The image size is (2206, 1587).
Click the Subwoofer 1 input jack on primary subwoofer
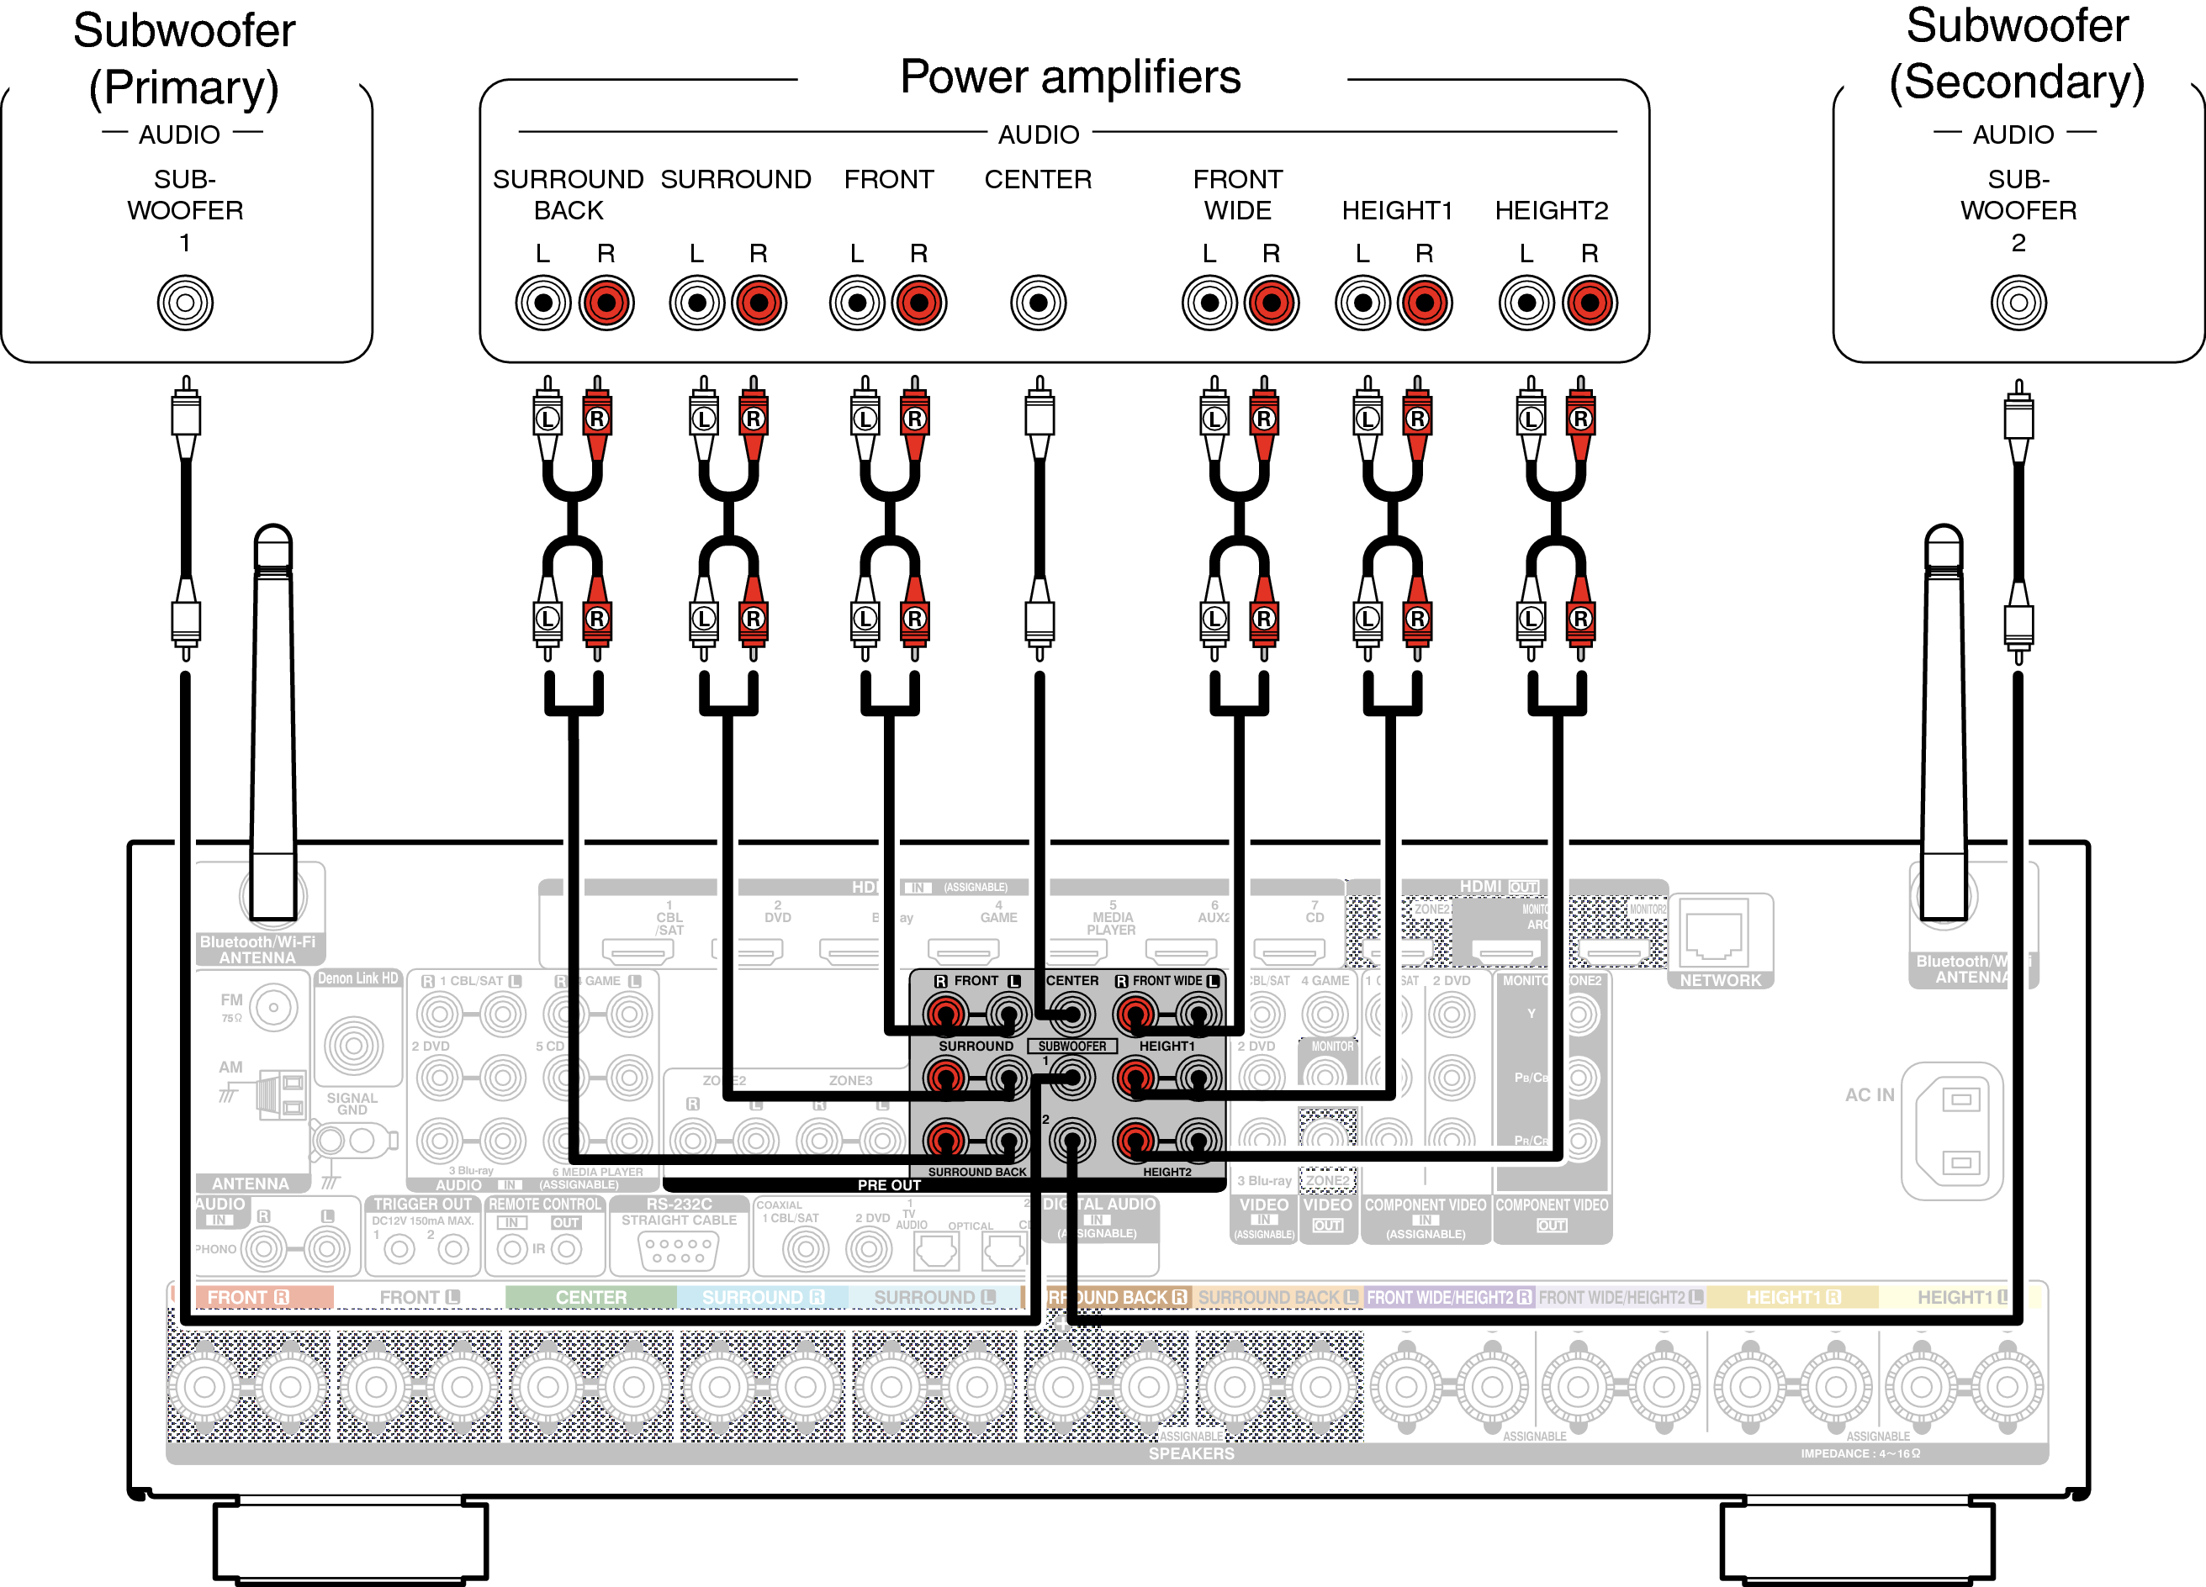(x=185, y=303)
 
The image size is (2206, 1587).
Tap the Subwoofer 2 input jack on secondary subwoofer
(x=2018, y=303)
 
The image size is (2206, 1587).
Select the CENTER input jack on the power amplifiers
(x=1038, y=303)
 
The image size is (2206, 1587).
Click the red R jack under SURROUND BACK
(x=606, y=303)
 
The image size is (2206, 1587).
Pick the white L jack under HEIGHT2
(x=1526, y=303)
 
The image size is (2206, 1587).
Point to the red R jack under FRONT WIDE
(x=1272, y=303)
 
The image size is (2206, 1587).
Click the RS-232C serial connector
(x=679, y=1250)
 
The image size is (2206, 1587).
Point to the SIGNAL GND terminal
(x=353, y=1047)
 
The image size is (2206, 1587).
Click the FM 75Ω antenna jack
(x=273, y=1008)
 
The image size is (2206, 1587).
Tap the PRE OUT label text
(x=888, y=1185)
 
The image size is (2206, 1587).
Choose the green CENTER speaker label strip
(x=590, y=1297)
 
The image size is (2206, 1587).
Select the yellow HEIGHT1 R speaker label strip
(x=1791, y=1297)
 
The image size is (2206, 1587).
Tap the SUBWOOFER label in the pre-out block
(x=1071, y=1047)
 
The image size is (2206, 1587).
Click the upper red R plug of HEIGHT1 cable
(x=1417, y=418)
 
